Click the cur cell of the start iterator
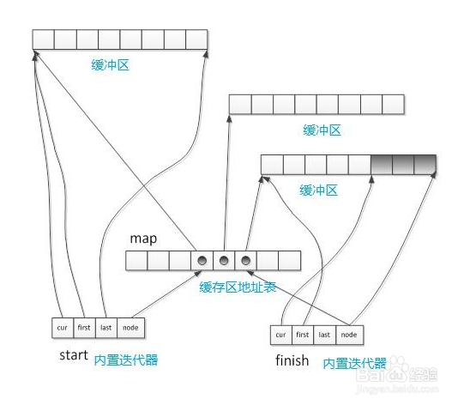[63, 327]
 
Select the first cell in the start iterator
[84, 327]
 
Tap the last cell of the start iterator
[106, 327]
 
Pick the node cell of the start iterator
[130, 327]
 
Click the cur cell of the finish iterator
[280, 335]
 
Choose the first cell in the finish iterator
[302, 335]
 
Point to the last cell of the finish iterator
[324, 335]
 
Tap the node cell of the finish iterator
[347, 335]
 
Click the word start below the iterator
[74, 354]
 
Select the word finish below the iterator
[292, 360]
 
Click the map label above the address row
[142, 237]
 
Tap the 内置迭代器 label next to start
[126, 360]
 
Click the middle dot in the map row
[224, 261]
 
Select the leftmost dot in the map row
[202, 261]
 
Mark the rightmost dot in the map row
[246, 261]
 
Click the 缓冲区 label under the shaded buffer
[319, 189]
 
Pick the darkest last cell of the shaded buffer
[425, 165]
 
